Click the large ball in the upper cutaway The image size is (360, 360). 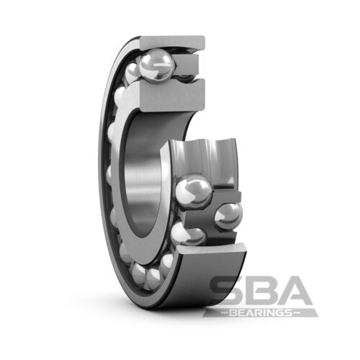click(x=157, y=64)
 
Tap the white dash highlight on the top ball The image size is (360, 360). click(x=161, y=65)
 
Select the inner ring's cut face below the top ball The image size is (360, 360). click(x=173, y=96)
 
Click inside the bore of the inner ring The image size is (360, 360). click(x=144, y=173)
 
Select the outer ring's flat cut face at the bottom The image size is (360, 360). click(x=214, y=248)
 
